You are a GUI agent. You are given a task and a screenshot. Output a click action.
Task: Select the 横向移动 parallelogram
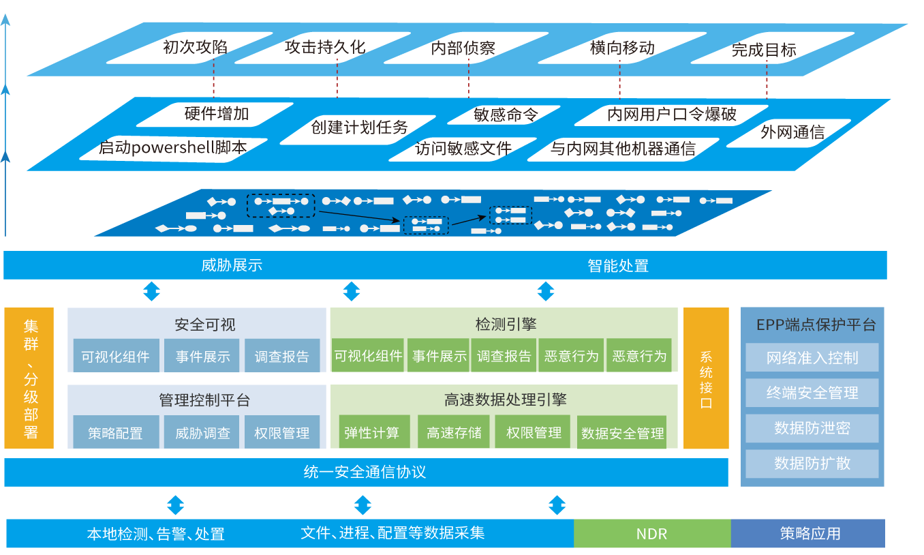[622, 48]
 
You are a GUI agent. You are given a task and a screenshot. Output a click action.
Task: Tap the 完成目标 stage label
[764, 50]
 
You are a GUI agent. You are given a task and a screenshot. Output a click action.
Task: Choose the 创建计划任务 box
[359, 127]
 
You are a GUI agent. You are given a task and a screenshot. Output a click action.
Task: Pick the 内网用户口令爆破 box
[671, 114]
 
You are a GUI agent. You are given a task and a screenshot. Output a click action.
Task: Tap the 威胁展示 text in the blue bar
[232, 265]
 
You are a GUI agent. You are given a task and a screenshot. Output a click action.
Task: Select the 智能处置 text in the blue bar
[618, 265]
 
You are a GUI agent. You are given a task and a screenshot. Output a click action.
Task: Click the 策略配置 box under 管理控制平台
[115, 433]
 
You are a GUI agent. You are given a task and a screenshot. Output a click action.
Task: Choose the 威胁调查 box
[202, 433]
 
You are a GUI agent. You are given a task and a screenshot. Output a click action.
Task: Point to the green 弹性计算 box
[371, 432]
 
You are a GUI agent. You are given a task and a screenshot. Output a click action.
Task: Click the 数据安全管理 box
[622, 434]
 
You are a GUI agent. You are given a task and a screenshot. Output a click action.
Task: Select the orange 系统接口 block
[706, 378]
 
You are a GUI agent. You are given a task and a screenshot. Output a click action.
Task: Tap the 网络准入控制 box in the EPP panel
[812, 358]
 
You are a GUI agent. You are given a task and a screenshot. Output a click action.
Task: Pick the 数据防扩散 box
[812, 464]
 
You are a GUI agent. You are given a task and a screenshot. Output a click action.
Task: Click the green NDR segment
[651, 534]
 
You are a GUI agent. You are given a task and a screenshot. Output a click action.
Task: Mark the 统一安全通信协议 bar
[365, 472]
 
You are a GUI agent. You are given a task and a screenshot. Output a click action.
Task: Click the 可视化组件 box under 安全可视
[116, 356]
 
